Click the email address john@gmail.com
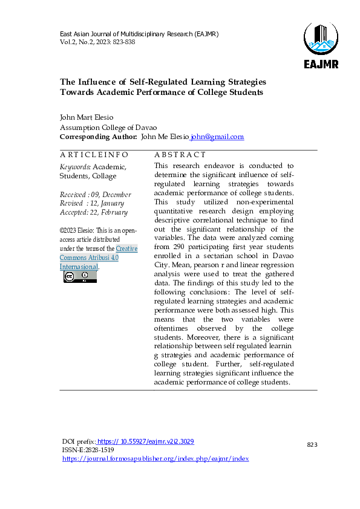217,137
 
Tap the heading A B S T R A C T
180,155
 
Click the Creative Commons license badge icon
80,277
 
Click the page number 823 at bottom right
312,445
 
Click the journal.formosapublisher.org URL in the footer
155,459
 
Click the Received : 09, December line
95,195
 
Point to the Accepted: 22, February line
94,212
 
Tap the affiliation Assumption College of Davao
108,128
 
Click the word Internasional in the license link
79,267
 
